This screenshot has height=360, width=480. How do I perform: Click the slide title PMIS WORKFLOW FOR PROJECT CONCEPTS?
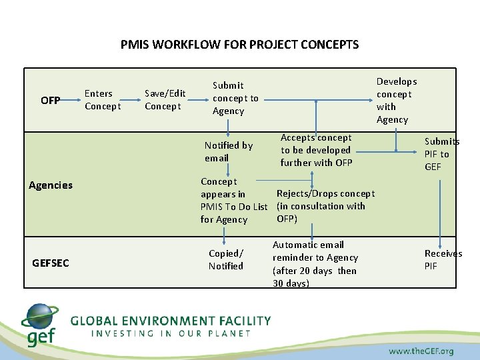(239, 45)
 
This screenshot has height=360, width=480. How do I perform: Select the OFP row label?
(50, 101)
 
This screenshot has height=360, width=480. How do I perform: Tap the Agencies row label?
(51, 185)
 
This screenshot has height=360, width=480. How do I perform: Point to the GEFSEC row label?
(50, 263)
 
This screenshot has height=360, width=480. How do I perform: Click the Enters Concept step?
(103, 100)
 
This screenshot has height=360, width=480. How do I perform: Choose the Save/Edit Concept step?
(165, 100)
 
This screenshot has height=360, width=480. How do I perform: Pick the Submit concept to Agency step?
(235, 98)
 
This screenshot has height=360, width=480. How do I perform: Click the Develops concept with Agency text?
(396, 101)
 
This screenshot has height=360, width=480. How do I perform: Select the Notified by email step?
(228, 151)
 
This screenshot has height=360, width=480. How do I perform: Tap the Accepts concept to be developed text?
(316, 150)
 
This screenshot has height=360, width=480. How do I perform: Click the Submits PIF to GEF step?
(441, 154)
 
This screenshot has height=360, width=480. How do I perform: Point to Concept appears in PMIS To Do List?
(233, 200)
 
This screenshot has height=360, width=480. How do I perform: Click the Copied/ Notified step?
(226, 259)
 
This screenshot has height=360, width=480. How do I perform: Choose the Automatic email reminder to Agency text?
(315, 264)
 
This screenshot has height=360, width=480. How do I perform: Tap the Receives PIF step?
(443, 259)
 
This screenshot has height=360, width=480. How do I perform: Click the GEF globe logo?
(40, 325)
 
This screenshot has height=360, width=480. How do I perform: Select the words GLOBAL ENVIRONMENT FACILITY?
(171, 321)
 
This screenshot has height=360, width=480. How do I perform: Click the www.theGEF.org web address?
(421, 351)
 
